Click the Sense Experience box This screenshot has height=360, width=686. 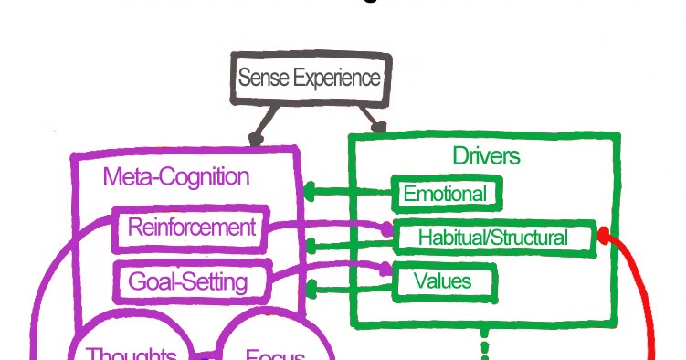(x=309, y=79)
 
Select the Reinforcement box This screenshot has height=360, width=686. (x=190, y=228)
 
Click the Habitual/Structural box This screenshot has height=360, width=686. (x=493, y=238)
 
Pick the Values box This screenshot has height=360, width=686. (x=443, y=281)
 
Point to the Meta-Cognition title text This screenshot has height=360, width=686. (x=175, y=176)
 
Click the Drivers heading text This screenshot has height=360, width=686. (x=486, y=156)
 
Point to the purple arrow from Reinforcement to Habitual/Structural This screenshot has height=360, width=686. (x=329, y=224)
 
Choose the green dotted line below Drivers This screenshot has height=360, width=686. (x=484, y=347)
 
